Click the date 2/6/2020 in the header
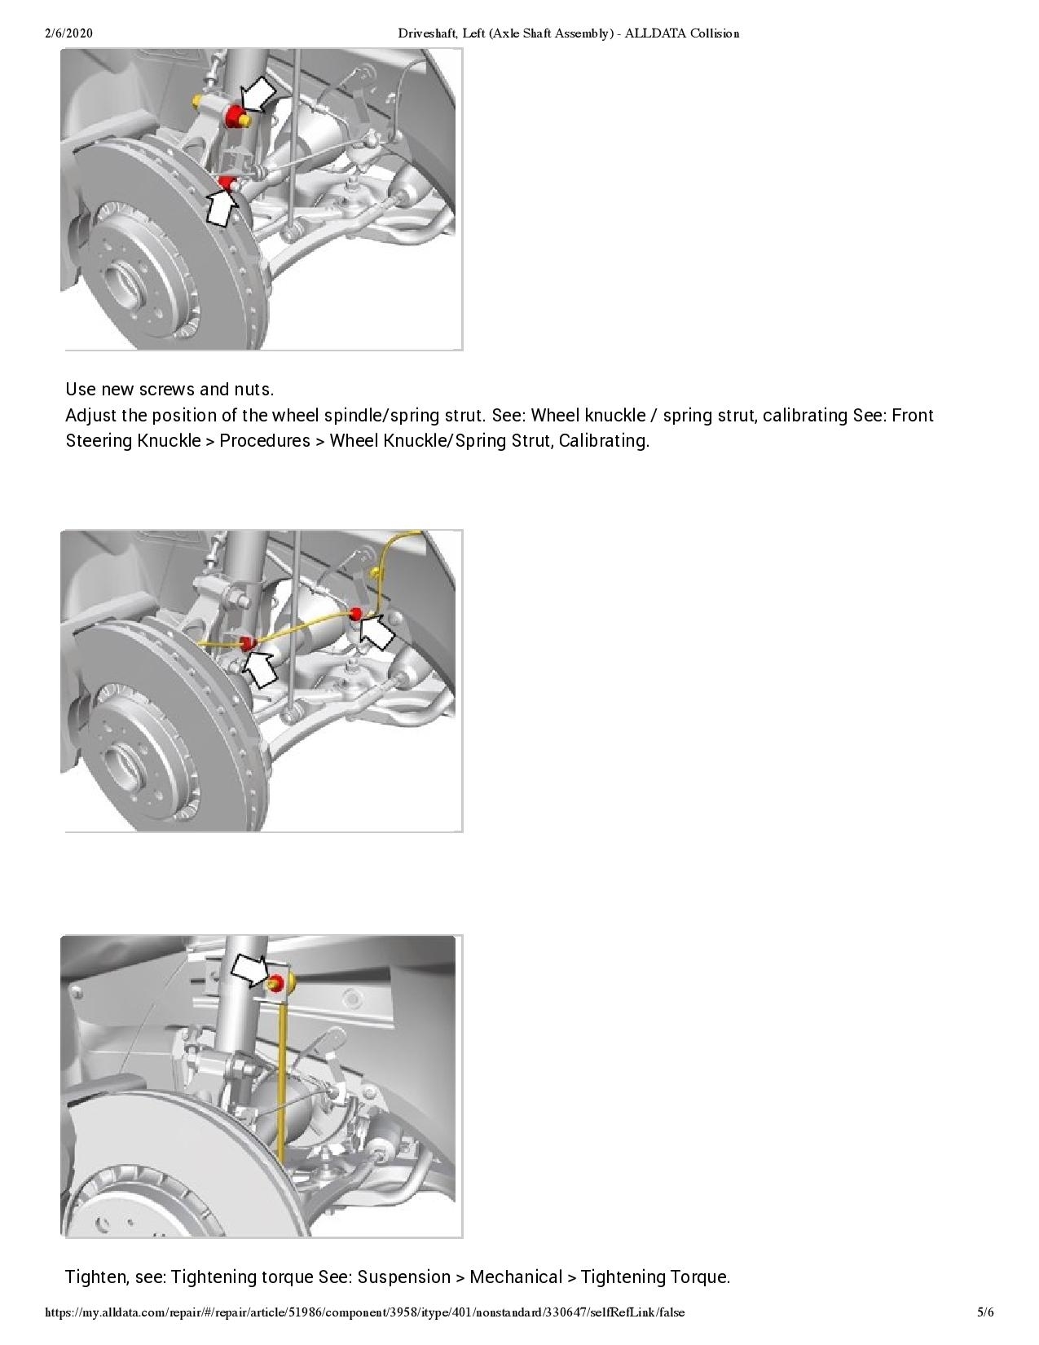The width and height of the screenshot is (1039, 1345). [69, 33]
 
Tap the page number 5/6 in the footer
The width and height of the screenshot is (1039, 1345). [985, 1312]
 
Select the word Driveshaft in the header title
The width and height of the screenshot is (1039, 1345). [426, 33]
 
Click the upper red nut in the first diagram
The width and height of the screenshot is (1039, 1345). [235, 116]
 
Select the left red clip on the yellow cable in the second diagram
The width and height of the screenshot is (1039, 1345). [248, 645]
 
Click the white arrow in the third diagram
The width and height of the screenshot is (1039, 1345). [251, 970]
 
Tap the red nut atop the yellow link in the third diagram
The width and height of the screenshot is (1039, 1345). [276, 982]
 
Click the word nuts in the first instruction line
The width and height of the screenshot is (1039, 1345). [255, 389]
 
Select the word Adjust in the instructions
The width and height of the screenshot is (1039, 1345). [90, 415]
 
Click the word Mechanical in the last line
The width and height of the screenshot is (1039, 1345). [515, 1277]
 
